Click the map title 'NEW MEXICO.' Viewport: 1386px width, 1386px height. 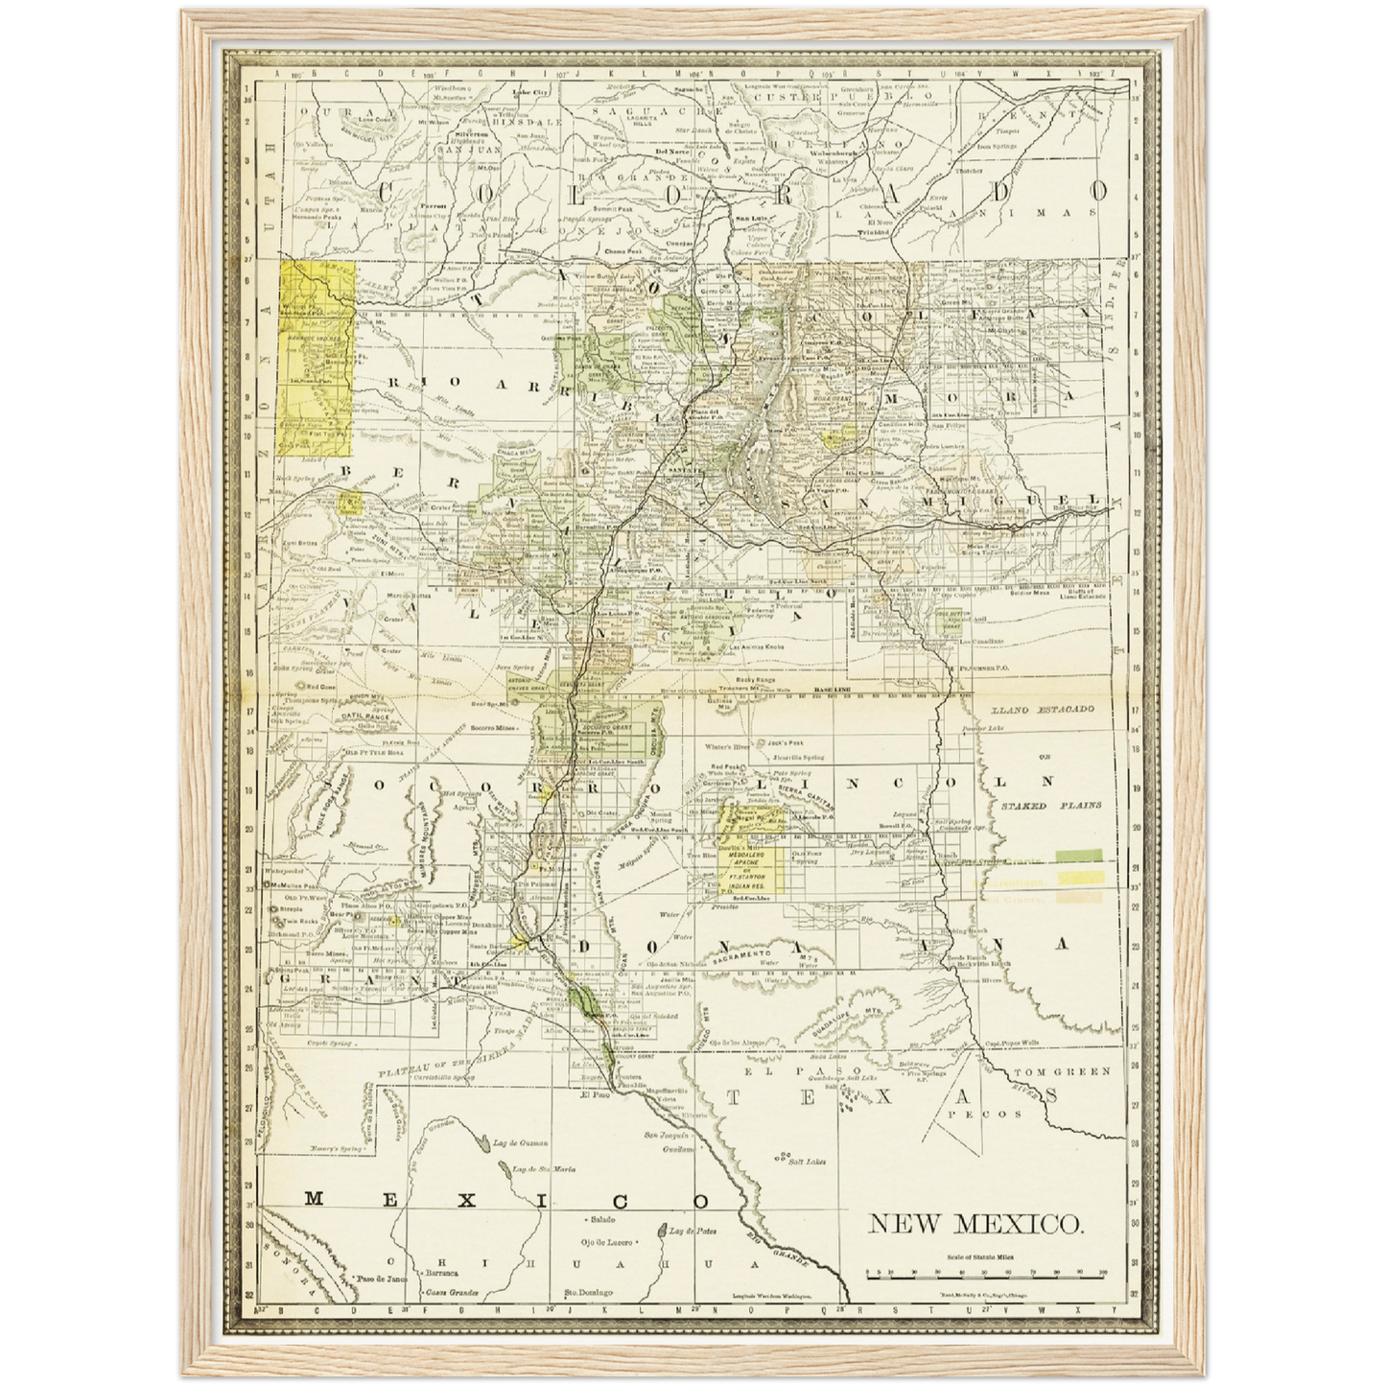[976, 1225]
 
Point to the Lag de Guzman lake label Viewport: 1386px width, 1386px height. [521, 1143]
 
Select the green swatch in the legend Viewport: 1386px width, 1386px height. [1080, 854]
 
